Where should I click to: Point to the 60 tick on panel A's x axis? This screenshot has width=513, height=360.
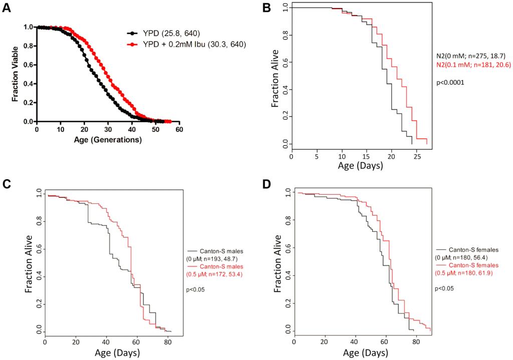179,129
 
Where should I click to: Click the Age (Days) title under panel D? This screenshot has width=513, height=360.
362,353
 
